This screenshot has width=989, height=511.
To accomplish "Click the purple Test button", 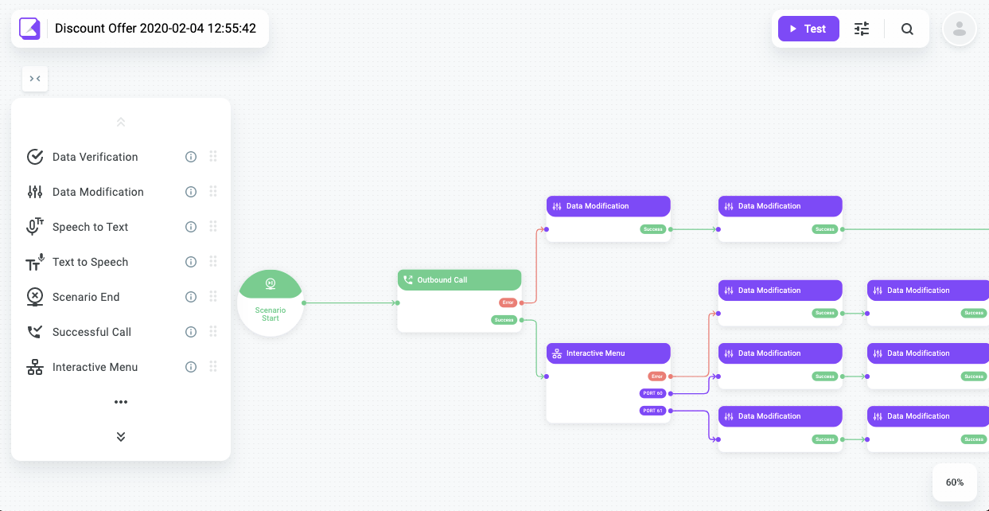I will point(808,29).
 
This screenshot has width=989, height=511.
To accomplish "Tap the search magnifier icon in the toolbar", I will point(907,29).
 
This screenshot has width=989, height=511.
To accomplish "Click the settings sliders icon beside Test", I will point(862,29).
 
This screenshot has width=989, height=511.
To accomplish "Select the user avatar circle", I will point(959,29).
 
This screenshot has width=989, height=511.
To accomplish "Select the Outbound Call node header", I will point(459,280).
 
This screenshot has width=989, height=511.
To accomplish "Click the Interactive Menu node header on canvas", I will point(608,353).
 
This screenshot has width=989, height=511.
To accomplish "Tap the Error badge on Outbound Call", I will point(508,302).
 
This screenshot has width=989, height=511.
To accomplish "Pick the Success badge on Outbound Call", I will point(504,320).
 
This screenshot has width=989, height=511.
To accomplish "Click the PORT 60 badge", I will point(652,393).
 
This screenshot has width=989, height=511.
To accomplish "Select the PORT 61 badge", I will point(652,411).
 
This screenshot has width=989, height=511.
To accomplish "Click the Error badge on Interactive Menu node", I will point(656,376).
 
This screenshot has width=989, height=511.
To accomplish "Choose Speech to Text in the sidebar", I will point(90,227).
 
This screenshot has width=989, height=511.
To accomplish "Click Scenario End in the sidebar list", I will point(86,297).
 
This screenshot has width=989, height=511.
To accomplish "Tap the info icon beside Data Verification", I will point(191,157).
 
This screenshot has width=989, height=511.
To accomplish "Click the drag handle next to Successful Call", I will point(213,332).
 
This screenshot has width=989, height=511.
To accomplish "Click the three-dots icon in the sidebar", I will point(121,402).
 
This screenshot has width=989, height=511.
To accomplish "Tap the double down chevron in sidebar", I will point(121,437).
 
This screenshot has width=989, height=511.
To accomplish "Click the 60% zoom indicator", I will point(955,482).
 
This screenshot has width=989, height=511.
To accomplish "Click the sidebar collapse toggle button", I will point(35,79).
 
